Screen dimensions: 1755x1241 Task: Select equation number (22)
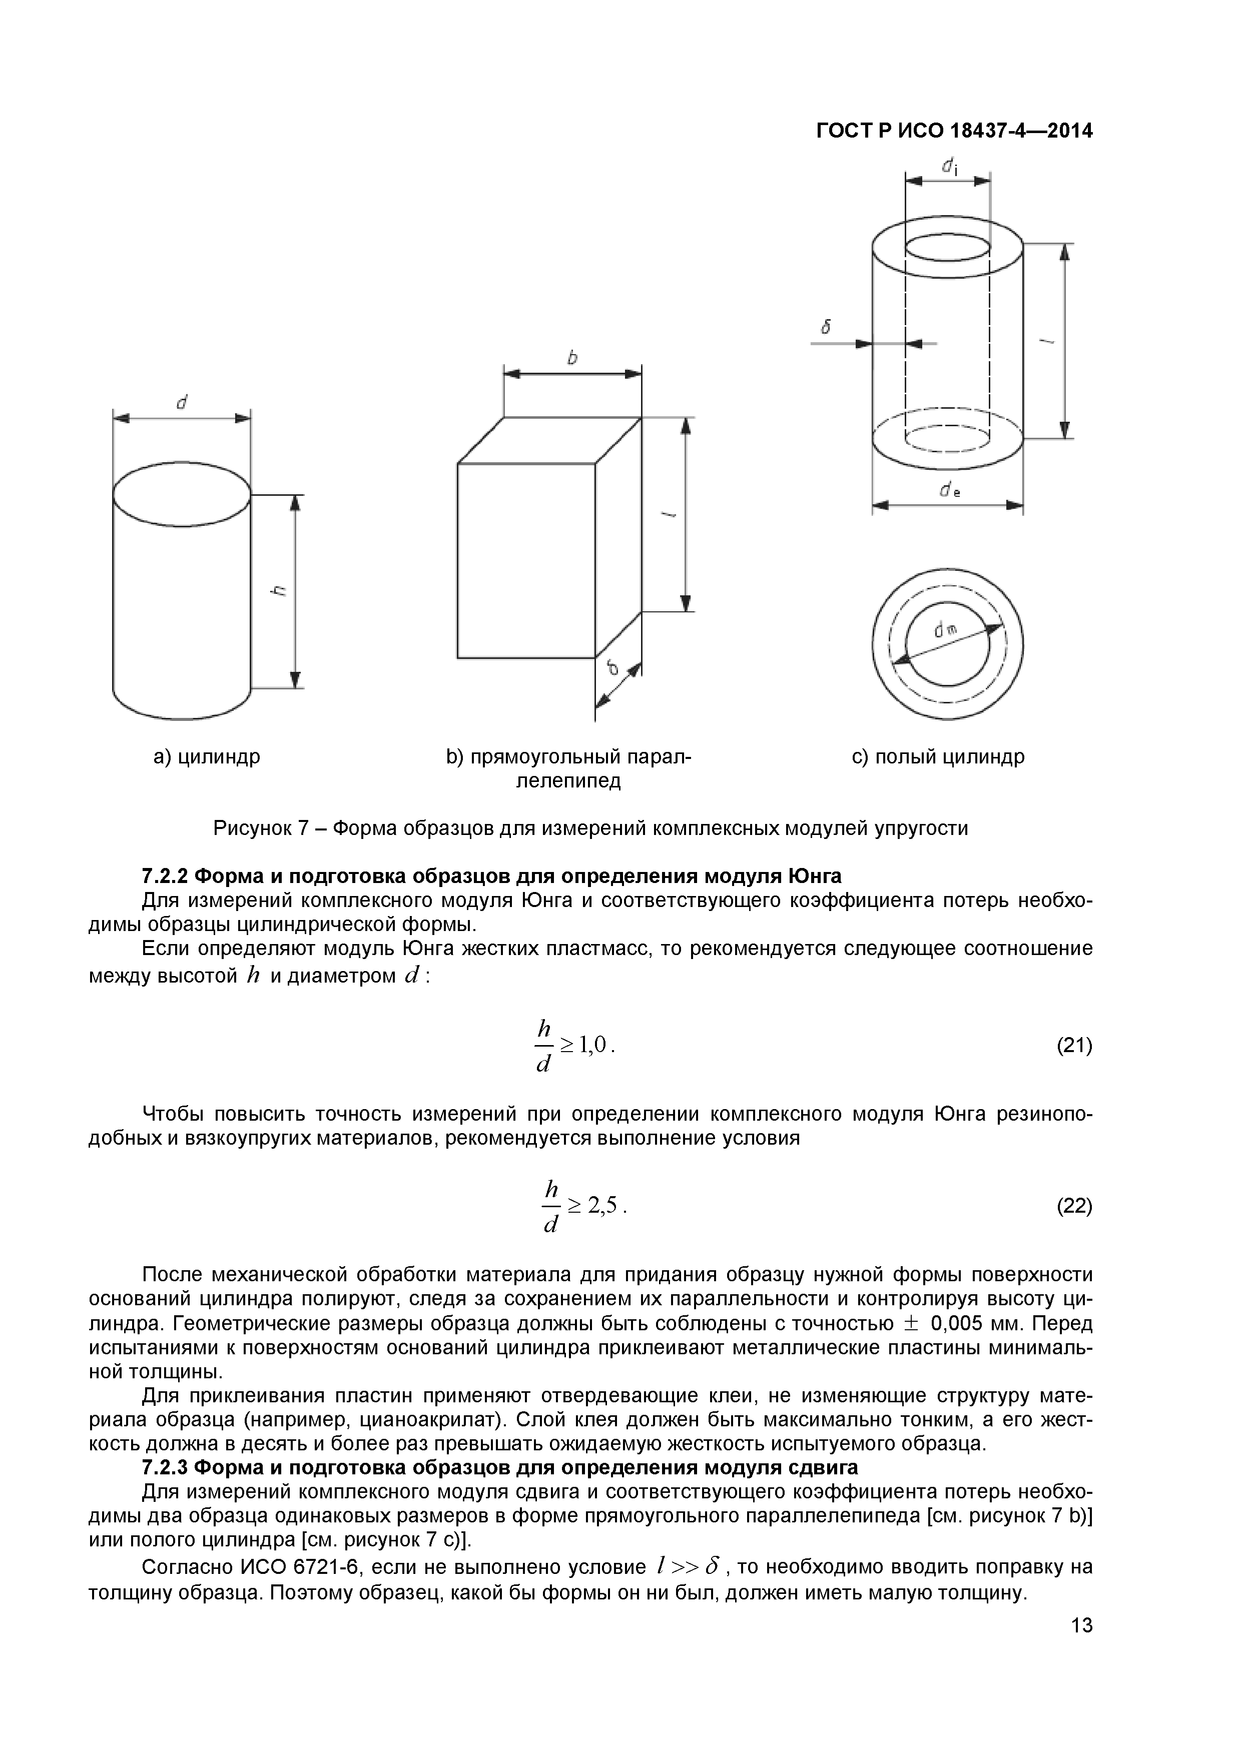tap(1074, 1206)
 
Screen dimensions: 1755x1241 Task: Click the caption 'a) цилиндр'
tap(207, 757)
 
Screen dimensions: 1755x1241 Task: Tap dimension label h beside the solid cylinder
tap(280, 590)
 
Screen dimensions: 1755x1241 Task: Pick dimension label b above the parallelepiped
tap(572, 358)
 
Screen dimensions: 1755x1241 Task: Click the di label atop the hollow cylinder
tap(950, 166)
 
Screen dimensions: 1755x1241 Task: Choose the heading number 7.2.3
tap(166, 1468)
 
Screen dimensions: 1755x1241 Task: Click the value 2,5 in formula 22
tap(602, 1205)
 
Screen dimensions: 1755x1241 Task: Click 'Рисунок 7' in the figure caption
tap(260, 828)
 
